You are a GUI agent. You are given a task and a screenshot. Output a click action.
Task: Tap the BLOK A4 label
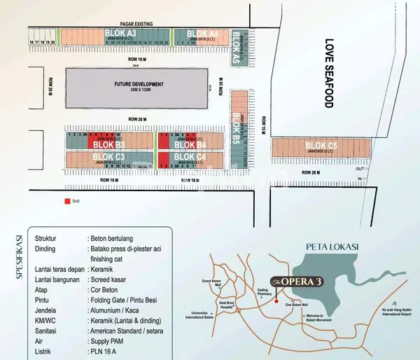click(204, 33)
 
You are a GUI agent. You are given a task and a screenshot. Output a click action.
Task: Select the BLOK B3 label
click(108, 145)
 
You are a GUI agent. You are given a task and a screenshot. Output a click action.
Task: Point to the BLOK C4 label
click(190, 156)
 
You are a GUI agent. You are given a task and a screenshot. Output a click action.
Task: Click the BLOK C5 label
click(321, 146)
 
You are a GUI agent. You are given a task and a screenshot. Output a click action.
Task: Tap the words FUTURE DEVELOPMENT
click(137, 84)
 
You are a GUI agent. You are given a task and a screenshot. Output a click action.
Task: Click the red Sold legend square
click(67, 201)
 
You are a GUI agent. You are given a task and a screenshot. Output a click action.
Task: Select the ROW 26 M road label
click(311, 172)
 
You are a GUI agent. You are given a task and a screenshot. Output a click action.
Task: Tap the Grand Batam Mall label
click(211, 284)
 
